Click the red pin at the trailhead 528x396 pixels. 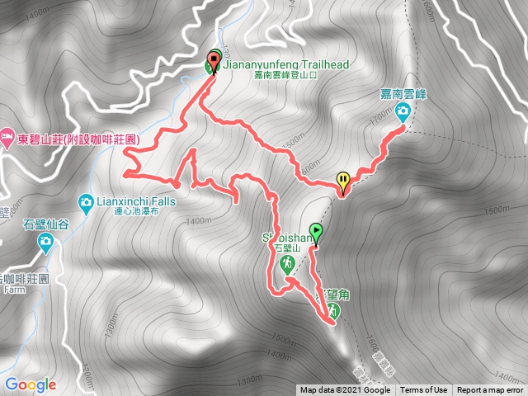click(x=214, y=59)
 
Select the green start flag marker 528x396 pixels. click(x=315, y=232)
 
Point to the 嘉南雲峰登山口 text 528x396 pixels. click(x=275, y=73)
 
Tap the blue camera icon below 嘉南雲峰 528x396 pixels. click(x=402, y=116)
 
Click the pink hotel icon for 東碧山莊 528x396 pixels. click(x=7, y=134)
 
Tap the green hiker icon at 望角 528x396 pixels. click(x=332, y=310)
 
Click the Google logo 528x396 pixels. click(x=30, y=384)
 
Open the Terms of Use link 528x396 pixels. click(x=424, y=390)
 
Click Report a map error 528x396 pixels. click(x=490, y=390)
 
